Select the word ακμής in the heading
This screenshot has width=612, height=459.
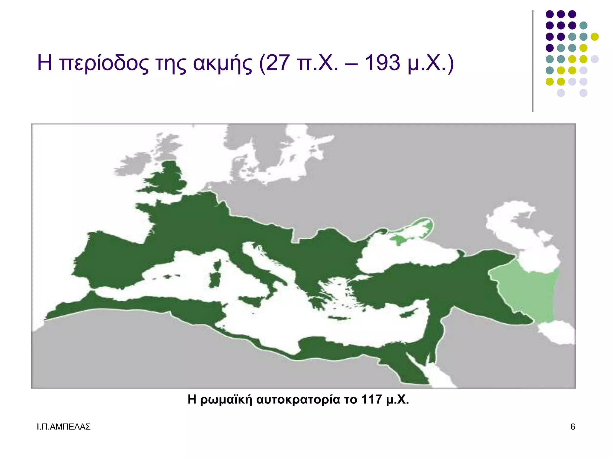coord(222,63)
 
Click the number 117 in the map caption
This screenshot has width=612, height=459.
coord(371,399)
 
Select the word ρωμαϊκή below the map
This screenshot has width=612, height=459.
coord(226,400)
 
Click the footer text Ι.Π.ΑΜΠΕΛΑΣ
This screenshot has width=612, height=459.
coord(63,427)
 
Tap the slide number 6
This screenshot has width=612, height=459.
coord(573,427)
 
